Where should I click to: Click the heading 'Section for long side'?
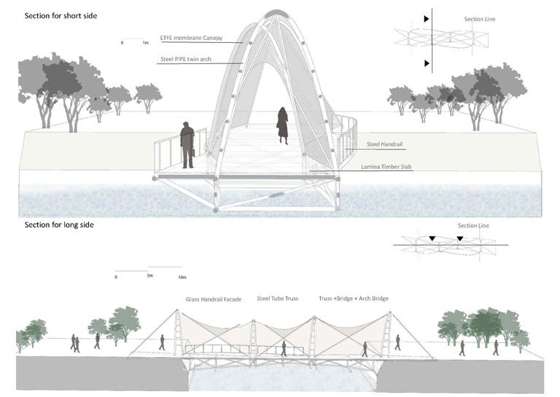(x=59, y=225)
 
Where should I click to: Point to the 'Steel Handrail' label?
(x=382, y=145)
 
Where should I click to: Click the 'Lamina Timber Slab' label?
(x=390, y=167)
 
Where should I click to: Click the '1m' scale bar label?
(x=145, y=44)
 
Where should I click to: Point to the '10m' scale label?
(x=182, y=278)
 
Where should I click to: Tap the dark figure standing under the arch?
(x=281, y=126)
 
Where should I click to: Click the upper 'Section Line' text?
(x=480, y=20)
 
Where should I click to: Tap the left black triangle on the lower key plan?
(x=432, y=239)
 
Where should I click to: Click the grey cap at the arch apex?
(x=279, y=13)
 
